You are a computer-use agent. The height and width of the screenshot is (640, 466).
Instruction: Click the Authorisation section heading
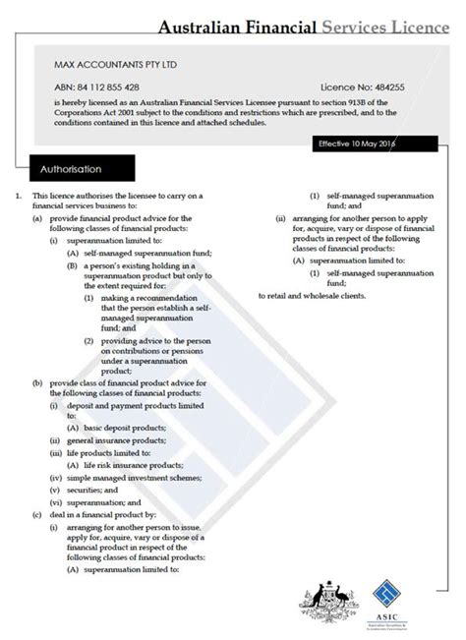(x=71, y=169)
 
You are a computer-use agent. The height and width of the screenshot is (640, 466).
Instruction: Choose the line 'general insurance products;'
(x=105, y=440)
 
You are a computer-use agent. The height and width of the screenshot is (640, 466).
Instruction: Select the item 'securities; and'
(x=92, y=489)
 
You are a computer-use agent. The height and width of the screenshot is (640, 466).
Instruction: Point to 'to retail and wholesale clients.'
(x=311, y=296)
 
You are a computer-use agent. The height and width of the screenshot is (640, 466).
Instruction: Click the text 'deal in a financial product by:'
(x=101, y=513)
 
